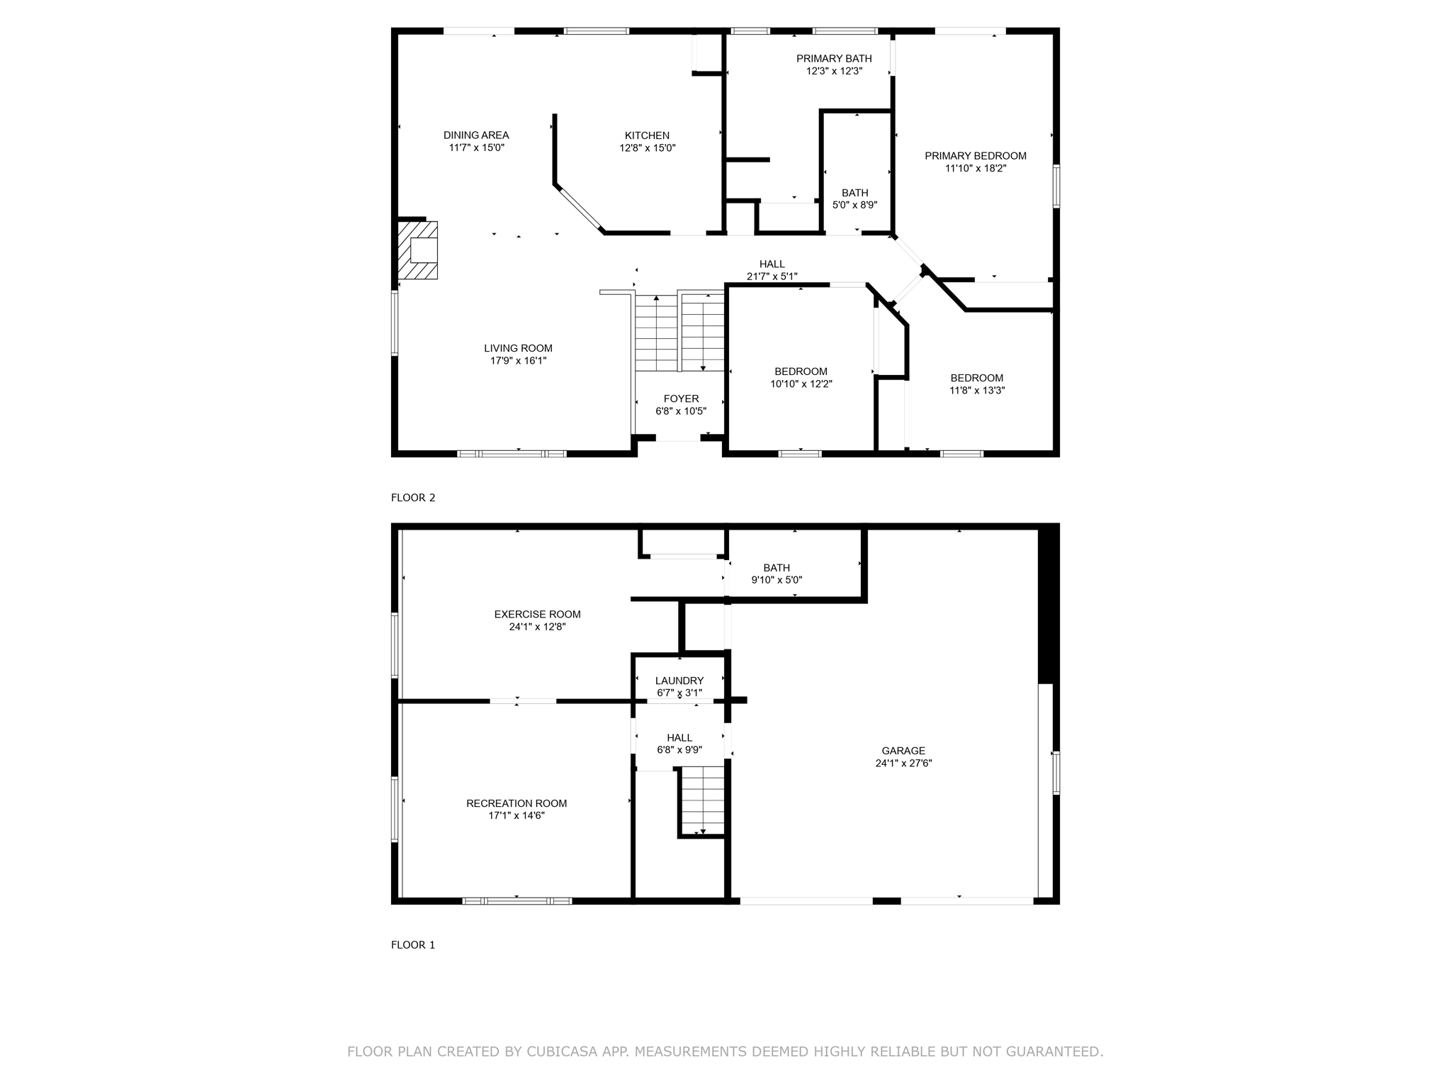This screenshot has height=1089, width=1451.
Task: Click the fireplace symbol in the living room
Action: point(418,250)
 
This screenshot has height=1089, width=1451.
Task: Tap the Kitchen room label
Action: point(646,135)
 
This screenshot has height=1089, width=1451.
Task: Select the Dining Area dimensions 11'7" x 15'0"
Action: point(476,148)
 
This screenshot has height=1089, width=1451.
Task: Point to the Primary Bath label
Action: point(834,59)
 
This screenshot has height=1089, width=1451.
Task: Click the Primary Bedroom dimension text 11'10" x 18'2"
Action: point(975,169)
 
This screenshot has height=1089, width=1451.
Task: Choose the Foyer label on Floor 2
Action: point(681,398)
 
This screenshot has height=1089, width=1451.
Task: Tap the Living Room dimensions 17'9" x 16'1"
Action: point(518,361)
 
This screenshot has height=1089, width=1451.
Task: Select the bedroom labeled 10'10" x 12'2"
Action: point(801,378)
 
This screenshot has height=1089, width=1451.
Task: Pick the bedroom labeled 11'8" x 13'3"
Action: point(976,384)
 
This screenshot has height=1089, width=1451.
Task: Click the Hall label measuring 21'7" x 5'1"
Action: point(772,270)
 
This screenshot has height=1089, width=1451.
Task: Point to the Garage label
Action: point(903,751)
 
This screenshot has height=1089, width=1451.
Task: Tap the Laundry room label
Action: point(679,681)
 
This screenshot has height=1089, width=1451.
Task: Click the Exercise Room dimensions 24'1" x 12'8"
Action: point(537,627)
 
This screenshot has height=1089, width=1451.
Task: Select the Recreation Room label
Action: point(516,803)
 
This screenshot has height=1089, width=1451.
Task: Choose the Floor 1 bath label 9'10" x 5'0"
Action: point(777,574)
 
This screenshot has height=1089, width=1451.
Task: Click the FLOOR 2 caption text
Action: point(413,498)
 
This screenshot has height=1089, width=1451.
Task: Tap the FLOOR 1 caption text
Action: point(413,945)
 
